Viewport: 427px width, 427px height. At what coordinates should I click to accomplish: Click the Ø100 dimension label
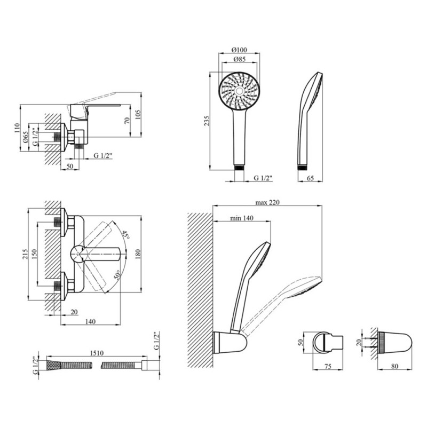tap(239, 50)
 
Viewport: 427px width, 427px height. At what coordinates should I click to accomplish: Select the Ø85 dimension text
tap(240, 59)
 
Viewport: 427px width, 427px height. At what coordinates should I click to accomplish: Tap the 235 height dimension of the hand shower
tap(207, 121)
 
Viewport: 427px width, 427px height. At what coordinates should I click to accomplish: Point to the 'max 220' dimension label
tap(267, 202)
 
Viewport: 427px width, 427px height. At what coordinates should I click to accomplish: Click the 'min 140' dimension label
tap(242, 218)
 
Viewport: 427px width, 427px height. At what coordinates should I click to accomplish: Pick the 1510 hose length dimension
tap(97, 353)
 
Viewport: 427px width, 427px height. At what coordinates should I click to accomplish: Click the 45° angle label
tap(125, 235)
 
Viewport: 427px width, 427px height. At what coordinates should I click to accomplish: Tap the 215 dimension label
tap(25, 254)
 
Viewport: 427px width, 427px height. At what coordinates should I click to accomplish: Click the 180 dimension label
tap(138, 254)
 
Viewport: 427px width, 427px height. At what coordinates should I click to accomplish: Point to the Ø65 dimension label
tap(25, 137)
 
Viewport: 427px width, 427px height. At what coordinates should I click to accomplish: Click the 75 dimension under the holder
tap(328, 366)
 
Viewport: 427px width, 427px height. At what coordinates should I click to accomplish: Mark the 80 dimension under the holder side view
tap(394, 366)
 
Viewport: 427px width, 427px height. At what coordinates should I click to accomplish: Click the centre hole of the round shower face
tap(239, 91)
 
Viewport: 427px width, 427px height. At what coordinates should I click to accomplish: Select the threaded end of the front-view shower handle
tap(240, 167)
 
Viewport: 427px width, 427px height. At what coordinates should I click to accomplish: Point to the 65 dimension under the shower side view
tap(310, 178)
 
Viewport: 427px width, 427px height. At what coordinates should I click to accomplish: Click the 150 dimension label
tap(34, 254)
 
